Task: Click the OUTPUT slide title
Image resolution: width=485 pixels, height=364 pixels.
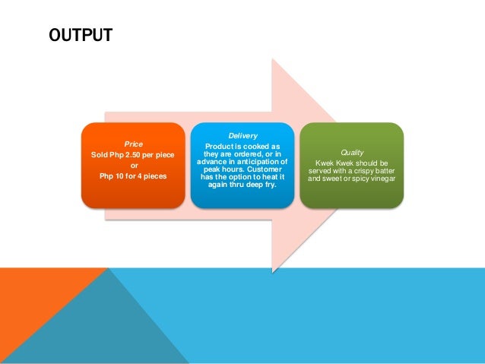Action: click(80, 35)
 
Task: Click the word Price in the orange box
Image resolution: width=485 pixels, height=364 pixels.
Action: click(134, 143)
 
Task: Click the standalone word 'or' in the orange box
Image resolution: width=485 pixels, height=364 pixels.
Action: click(134, 166)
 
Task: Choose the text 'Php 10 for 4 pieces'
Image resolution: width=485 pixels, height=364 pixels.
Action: click(134, 176)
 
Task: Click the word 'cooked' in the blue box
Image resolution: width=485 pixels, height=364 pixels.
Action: click(255, 145)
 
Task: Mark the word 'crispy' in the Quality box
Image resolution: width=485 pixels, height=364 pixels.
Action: click(364, 170)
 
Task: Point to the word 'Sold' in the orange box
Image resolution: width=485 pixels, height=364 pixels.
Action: click(100, 154)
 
